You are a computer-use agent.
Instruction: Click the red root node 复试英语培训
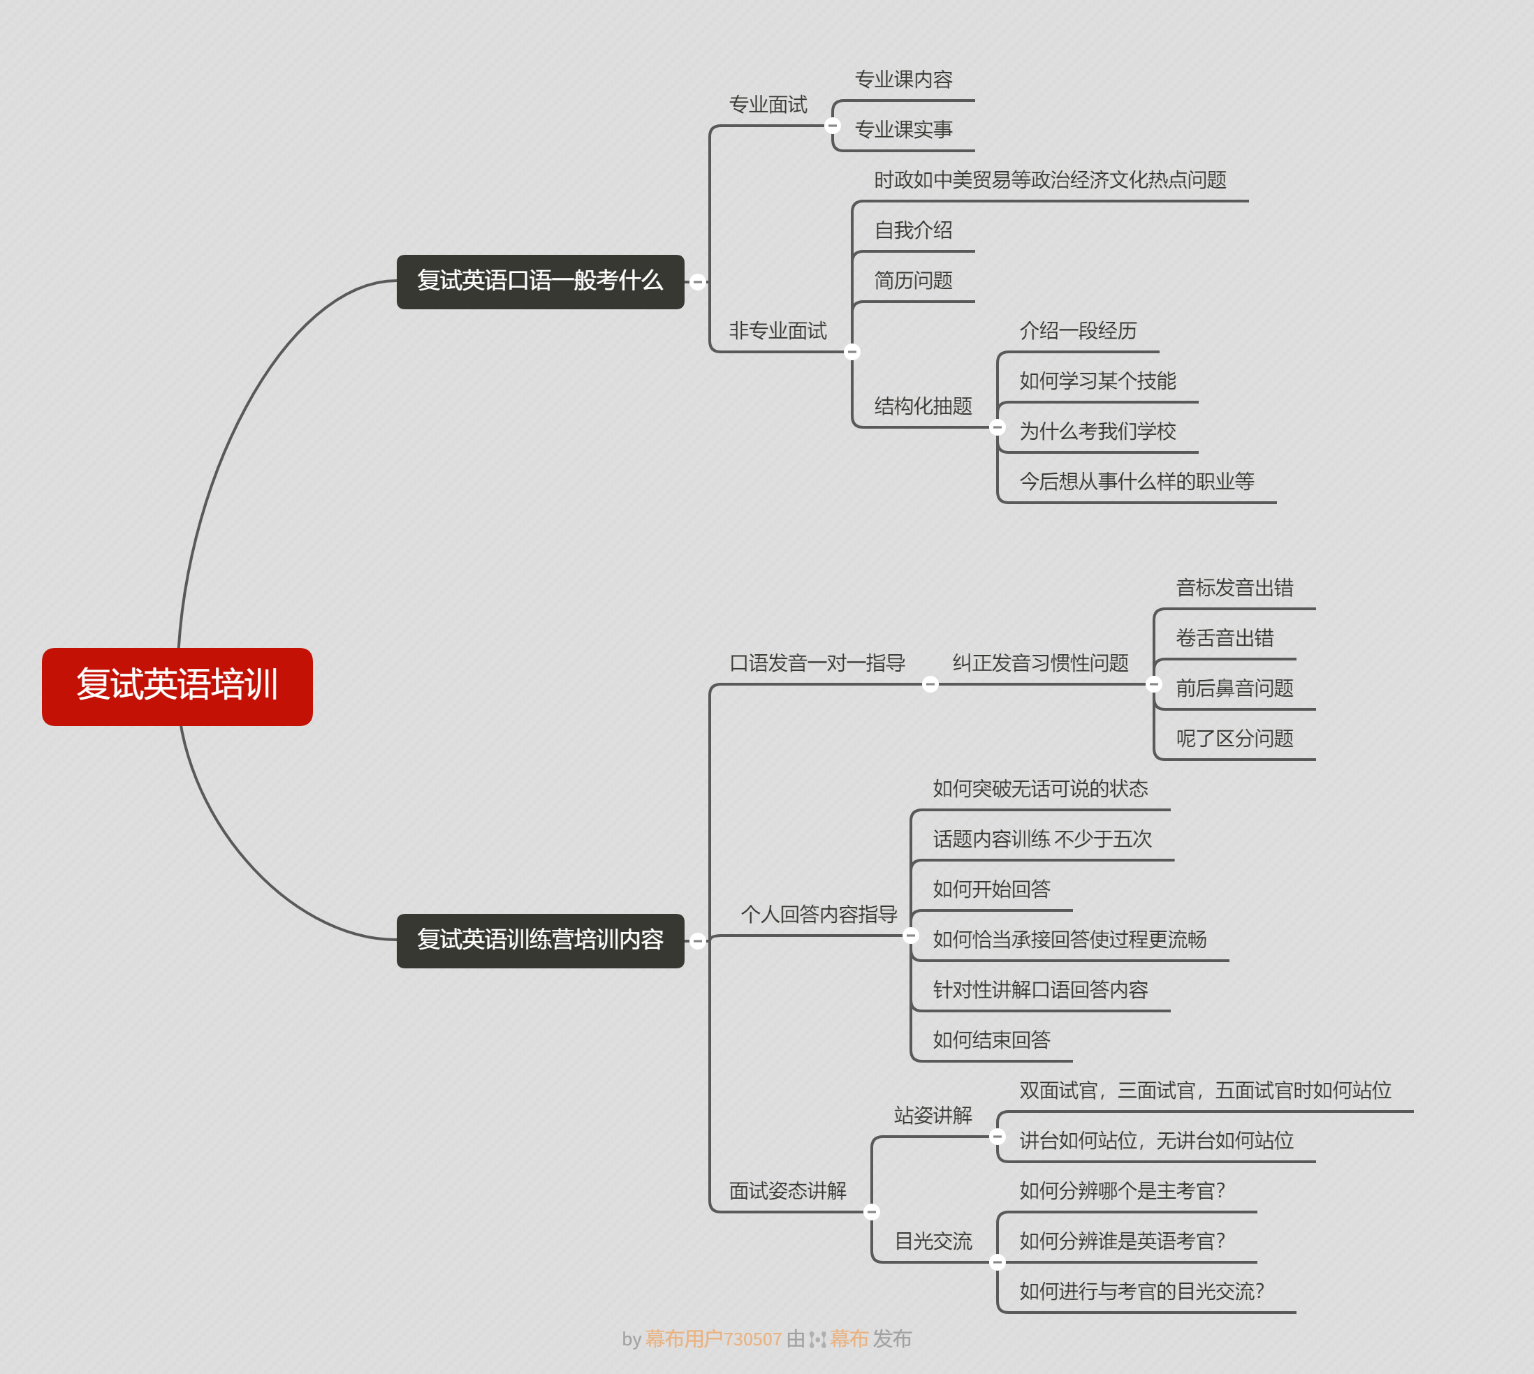(177, 686)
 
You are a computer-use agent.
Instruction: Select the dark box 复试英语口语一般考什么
(540, 281)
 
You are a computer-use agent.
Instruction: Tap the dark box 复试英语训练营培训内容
(540, 940)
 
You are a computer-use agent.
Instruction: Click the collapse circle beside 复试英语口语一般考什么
(698, 282)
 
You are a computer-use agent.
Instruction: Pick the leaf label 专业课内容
(903, 80)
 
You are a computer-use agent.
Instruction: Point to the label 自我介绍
(913, 230)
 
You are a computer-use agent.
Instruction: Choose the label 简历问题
(913, 281)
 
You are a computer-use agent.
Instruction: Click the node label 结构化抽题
(923, 406)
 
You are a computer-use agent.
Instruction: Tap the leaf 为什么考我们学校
(1097, 431)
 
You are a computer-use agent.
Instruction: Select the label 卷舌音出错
(1225, 638)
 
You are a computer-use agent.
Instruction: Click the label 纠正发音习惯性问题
(1040, 663)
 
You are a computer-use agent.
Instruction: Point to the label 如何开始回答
(991, 889)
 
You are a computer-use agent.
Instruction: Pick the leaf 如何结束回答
(991, 1040)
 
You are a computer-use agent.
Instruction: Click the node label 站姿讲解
(933, 1115)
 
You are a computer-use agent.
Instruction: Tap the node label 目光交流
(933, 1241)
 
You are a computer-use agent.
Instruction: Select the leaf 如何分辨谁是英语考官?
(1122, 1241)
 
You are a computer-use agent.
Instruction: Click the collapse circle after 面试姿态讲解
(872, 1213)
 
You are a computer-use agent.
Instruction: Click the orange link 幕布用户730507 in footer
(713, 1339)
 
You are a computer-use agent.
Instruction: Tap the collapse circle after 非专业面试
(852, 352)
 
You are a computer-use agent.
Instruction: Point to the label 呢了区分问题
(1234, 739)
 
